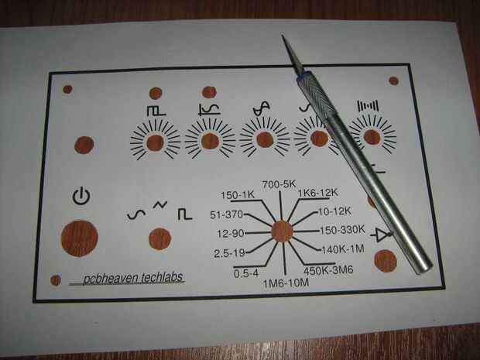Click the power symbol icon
coord(81,197)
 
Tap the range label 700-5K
coord(279,184)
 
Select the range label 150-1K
coord(238,195)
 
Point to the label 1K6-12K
coord(318,193)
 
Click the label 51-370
coord(227,215)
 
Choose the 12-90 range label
coord(231,234)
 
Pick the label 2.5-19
coord(230,253)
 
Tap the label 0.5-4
coord(246,273)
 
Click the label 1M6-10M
coord(286,283)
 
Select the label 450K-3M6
coord(328,270)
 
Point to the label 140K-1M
coord(343,249)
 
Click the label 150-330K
coord(342,230)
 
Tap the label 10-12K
coord(335,211)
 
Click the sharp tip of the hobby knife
coord(283,36)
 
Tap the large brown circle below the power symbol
coord(80,238)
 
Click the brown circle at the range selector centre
coord(283,231)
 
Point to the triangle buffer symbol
coord(382,235)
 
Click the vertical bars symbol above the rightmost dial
coord(368,106)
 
